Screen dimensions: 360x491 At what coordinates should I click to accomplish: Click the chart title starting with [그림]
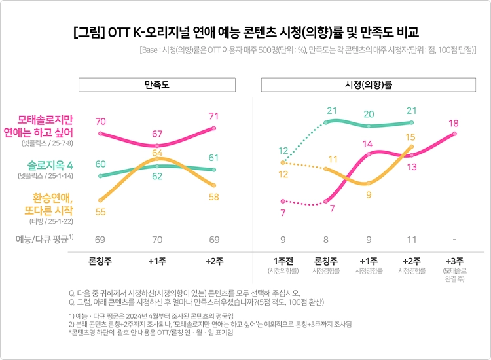click(x=245, y=32)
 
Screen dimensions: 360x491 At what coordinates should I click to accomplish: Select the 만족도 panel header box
click(x=156, y=85)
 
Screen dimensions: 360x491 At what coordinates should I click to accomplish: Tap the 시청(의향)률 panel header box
click(x=368, y=85)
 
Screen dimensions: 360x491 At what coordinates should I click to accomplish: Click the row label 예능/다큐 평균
click(x=45, y=239)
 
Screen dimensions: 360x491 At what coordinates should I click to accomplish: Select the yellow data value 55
click(x=100, y=212)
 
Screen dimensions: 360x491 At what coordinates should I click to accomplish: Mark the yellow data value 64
click(x=156, y=153)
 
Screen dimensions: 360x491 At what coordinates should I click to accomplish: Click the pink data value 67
click(x=156, y=134)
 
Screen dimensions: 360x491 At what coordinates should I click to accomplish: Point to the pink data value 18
click(x=454, y=123)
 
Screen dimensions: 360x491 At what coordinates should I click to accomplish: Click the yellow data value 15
click(x=410, y=137)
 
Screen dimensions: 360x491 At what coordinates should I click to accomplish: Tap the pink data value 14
click(x=368, y=143)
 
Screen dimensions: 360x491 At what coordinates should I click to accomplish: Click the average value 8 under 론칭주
click(x=325, y=240)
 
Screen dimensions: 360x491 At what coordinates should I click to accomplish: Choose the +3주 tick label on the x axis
click(x=454, y=261)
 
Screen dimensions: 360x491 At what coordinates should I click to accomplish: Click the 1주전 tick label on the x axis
click(x=283, y=261)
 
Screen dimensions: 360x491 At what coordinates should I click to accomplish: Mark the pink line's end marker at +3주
click(x=454, y=134)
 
